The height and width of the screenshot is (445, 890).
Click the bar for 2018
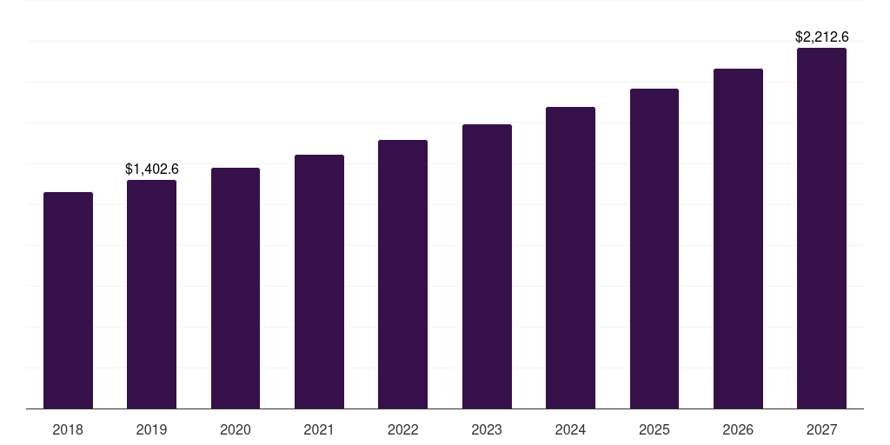tap(68, 300)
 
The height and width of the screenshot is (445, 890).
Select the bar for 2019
tap(151, 294)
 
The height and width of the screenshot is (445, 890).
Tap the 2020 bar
tap(236, 288)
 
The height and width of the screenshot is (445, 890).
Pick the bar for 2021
tap(319, 282)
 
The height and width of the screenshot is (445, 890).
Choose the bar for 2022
tap(402, 274)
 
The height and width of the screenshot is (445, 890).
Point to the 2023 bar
tap(487, 266)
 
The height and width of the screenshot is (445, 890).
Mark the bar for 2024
tap(570, 257)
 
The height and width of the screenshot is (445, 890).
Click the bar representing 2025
tap(654, 249)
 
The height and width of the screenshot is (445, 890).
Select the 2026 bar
tap(738, 238)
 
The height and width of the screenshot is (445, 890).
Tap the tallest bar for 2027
tap(821, 228)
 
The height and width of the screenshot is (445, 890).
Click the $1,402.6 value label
tap(151, 169)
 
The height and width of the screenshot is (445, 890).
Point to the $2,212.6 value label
tap(821, 37)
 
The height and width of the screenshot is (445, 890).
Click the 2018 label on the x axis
tap(68, 429)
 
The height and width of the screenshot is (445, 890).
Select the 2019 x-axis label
tap(151, 429)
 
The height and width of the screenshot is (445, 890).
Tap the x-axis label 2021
tap(319, 429)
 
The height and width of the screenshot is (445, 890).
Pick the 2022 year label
tap(402, 429)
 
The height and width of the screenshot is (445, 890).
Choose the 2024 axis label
tap(570, 429)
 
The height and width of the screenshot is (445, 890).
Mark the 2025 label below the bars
tap(654, 429)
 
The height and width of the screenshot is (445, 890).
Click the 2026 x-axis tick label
tap(738, 429)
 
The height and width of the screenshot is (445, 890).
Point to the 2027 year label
tap(821, 429)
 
